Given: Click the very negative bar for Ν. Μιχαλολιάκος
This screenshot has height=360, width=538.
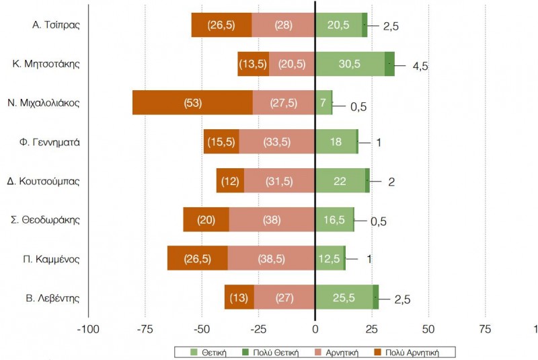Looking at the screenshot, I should pyautogui.click(x=192, y=103).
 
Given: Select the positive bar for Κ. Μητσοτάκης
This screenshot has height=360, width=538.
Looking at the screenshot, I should pyautogui.click(x=349, y=64).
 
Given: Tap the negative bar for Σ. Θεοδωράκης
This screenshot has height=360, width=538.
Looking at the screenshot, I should pyautogui.click(x=272, y=219).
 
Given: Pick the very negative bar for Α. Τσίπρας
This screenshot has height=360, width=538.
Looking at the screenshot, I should pyautogui.click(x=221, y=26).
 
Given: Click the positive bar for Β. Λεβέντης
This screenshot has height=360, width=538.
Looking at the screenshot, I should pyautogui.click(x=344, y=297).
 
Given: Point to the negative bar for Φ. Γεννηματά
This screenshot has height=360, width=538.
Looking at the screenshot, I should pyautogui.click(x=276, y=142).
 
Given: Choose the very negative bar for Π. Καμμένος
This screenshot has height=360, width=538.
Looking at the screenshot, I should pyautogui.click(x=197, y=258).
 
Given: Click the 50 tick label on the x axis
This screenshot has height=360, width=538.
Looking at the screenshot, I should pyautogui.click(x=428, y=329).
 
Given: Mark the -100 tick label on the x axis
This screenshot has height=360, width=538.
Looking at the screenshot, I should pyautogui.click(x=87, y=329).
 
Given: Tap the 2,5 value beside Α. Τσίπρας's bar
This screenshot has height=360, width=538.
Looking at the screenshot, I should pyautogui.click(x=391, y=27).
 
